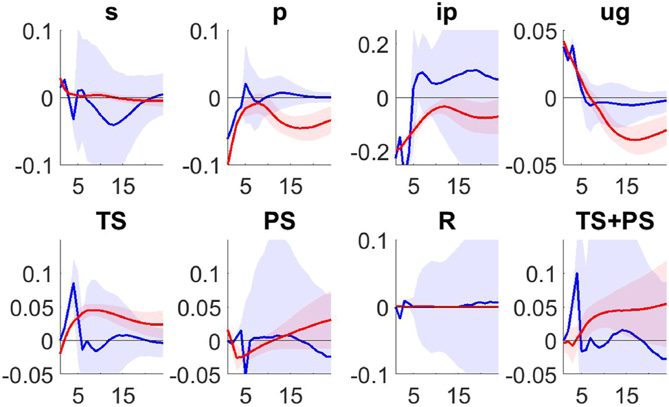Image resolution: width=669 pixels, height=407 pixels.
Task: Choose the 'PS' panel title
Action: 278,223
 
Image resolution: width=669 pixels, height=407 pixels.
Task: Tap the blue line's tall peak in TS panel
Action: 73,283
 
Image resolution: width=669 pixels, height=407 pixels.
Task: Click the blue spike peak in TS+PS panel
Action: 577,273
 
